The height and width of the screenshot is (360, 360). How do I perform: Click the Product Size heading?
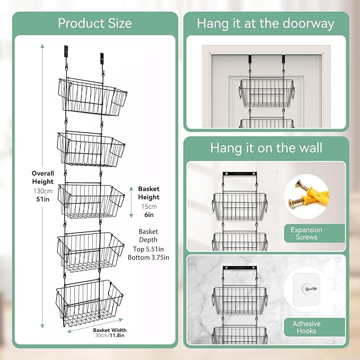[x=94, y=23]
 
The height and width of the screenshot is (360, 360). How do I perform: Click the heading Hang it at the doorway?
[x=266, y=23]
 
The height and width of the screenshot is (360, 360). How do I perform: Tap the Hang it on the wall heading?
[x=266, y=147]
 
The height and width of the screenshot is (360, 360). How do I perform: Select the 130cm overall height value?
[x=42, y=191]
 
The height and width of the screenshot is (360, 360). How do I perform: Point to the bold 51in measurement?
[x=42, y=200]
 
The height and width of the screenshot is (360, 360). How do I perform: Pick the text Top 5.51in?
[x=148, y=249]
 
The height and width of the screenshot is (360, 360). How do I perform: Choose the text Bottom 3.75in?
[x=148, y=258]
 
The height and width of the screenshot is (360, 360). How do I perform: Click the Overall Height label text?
[x=42, y=178]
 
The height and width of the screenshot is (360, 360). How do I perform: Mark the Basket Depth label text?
[x=148, y=235]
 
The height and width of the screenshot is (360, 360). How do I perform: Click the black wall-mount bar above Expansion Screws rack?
[x=240, y=174]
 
